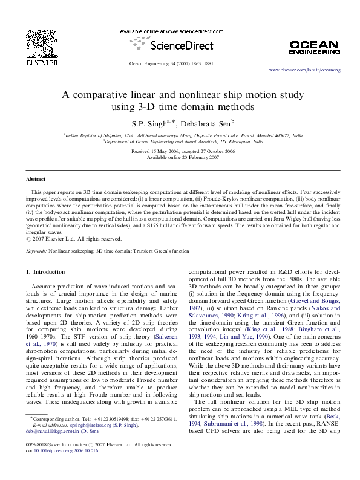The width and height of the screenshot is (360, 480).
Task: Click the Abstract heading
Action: point(36,180)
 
